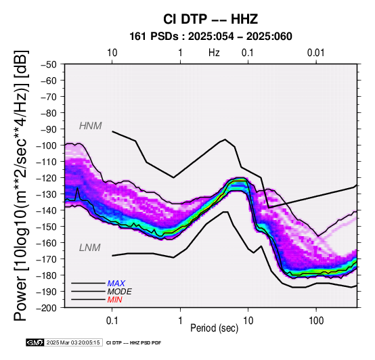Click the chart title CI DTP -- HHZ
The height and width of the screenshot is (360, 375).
[x=211, y=19]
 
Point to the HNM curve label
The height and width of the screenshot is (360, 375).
[x=91, y=126]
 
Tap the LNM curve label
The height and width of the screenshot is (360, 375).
[x=89, y=248]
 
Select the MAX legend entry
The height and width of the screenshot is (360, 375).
[x=116, y=284]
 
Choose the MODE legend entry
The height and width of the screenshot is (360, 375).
[x=119, y=292]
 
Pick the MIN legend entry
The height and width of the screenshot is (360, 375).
[x=114, y=300]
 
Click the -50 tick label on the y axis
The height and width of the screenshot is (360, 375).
[x=49, y=64]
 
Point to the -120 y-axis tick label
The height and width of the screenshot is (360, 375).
[x=47, y=178]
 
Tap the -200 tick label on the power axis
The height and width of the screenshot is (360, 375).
[x=47, y=308]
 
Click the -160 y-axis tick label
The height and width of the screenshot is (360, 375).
[x=47, y=243]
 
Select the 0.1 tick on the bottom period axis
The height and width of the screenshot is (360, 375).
[x=112, y=321]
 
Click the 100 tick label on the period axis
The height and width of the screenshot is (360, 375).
[x=316, y=321]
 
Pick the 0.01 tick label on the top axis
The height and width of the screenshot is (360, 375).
[x=315, y=53]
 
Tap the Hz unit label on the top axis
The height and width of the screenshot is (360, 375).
[x=214, y=53]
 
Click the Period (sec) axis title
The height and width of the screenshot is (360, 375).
[x=215, y=328]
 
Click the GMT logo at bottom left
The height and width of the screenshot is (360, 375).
[x=35, y=342]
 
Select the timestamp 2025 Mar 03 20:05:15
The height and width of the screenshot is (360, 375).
[x=73, y=342]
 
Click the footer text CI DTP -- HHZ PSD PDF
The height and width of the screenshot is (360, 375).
[x=134, y=343]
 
